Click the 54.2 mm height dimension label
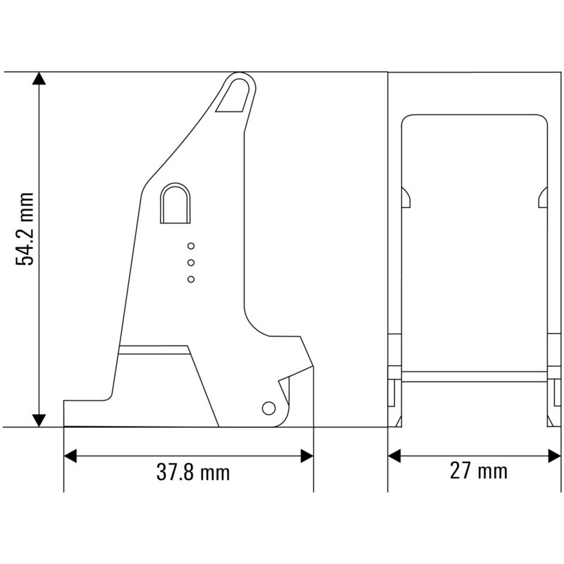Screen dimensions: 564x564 tap(26, 228)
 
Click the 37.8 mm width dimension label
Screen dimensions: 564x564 tap(193, 472)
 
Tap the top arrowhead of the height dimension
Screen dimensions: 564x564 tap(40, 79)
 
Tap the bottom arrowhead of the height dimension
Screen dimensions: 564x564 tap(40, 419)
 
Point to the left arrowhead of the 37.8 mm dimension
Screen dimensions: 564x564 tap(70, 456)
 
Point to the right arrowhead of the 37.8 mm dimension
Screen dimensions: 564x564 tap(307, 456)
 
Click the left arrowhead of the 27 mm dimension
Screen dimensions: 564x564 tap(394, 456)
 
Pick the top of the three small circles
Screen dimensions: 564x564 tap(191, 246)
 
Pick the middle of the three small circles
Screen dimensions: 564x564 tap(191, 262)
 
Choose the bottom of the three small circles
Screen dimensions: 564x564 tap(191, 279)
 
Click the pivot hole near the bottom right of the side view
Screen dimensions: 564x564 tap(268, 408)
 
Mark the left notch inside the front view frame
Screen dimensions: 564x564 tap(406, 198)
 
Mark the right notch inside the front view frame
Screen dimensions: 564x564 tap(543, 198)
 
